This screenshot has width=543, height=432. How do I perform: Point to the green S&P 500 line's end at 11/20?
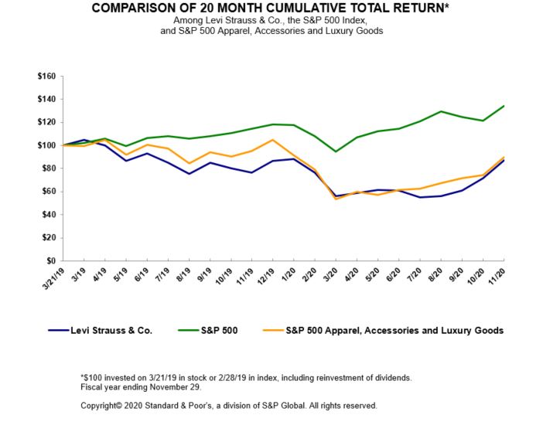(x=504, y=106)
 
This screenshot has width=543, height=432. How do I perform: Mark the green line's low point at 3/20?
(x=336, y=151)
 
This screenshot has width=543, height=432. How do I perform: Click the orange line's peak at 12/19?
(x=271, y=140)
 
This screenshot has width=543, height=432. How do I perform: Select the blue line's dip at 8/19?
(x=189, y=174)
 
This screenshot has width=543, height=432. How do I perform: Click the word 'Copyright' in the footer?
(x=101, y=405)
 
